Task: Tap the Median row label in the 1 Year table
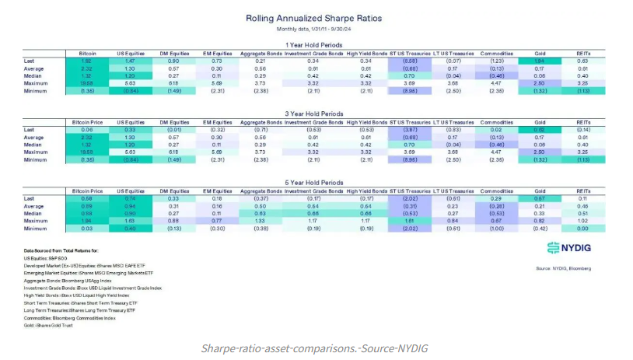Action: tap(34, 76)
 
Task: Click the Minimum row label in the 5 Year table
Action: tap(36, 229)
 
